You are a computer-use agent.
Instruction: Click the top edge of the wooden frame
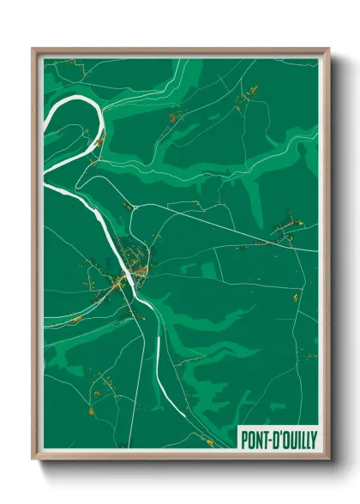tap(180, 50)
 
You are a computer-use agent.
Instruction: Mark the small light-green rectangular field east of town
tap(209, 271)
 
